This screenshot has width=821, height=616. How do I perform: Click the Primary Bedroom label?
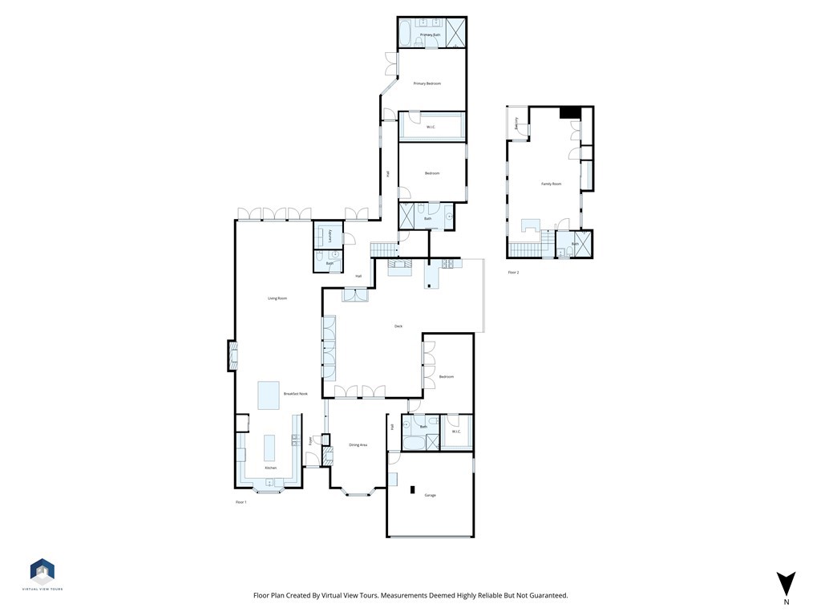coord(427,83)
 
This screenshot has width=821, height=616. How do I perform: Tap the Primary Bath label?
coord(431,34)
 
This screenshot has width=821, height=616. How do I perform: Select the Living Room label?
coord(277,298)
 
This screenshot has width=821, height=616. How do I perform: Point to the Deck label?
coord(398,326)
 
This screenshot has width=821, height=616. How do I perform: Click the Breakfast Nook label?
coord(295,394)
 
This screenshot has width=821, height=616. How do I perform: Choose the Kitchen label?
coord(271,468)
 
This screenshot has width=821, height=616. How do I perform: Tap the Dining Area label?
coord(358,445)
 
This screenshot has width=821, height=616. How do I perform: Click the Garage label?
coord(430,496)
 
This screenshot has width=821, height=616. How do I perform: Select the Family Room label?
coord(551,184)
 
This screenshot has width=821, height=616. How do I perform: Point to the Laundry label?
coord(330,237)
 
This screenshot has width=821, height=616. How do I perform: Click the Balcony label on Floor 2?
coord(516,124)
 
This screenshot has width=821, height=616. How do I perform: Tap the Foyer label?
coord(311,440)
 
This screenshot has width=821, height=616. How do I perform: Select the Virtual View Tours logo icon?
coord(42,571)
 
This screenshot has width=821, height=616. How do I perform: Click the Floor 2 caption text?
coord(513,273)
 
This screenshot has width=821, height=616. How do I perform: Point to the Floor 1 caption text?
coord(241,502)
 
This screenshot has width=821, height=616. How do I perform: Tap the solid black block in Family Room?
coord(569,113)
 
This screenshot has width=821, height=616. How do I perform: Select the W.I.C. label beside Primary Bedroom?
coord(431,127)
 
